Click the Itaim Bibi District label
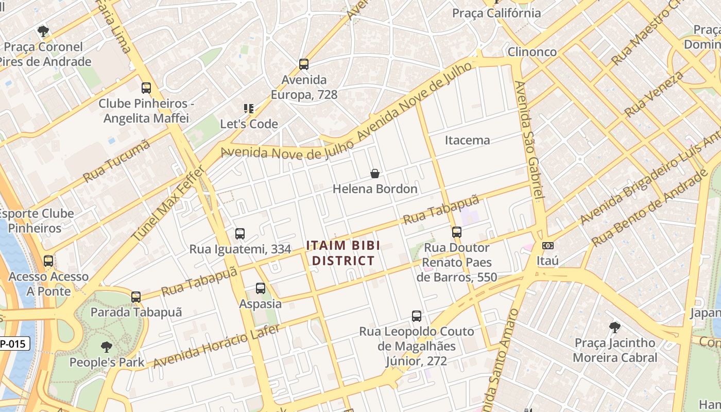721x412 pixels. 343,253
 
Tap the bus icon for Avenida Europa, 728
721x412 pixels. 304,64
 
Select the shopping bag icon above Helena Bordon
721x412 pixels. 375,174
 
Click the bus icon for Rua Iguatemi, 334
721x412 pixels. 240,234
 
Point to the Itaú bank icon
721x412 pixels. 548,246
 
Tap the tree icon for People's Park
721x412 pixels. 107,347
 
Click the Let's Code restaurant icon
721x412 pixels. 249,109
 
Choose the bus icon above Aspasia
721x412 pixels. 261,288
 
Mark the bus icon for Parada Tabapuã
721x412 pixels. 136,297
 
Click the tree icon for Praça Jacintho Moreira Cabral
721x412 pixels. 614,327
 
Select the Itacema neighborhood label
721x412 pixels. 467,140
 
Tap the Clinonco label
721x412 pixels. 532,52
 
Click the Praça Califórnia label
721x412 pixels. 496,13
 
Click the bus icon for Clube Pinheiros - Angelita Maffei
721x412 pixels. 146,88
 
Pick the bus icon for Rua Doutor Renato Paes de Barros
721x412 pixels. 457,232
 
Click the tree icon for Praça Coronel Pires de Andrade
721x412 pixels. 43,31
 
